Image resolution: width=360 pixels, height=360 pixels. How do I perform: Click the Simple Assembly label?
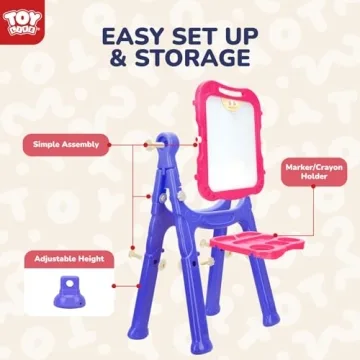[67, 144]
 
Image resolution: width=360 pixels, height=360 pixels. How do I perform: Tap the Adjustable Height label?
[67, 257]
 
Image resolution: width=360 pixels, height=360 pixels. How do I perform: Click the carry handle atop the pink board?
[233, 97]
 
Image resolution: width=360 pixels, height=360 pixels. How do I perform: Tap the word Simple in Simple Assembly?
[51, 144]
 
